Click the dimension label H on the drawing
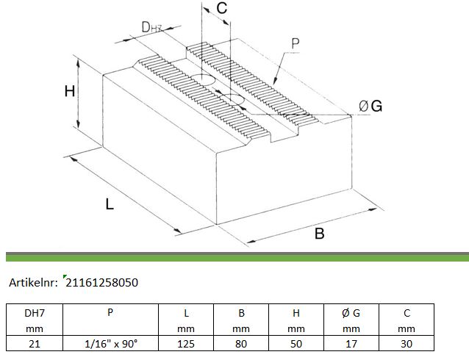pyautogui.click(x=70, y=91)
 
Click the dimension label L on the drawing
pyautogui.click(x=110, y=204)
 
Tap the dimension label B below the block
pyautogui.click(x=320, y=233)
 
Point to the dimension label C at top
pyautogui.click(x=222, y=8)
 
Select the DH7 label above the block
pyautogui.click(x=151, y=27)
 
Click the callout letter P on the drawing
pyautogui.click(x=296, y=43)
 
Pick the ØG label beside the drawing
pyautogui.click(x=370, y=106)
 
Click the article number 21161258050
pyautogui.click(x=101, y=283)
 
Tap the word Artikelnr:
pyautogui.click(x=33, y=283)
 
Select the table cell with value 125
pyautogui.click(x=186, y=344)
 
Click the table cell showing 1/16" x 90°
pyautogui.click(x=111, y=344)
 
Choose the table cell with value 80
pyautogui.click(x=241, y=344)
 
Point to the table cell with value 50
pyautogui.click(x=296, y=344)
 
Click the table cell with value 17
pyautogui.click(x=351, y=344)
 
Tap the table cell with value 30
pyautogui.click(x=407, y=344)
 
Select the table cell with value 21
pyautogui.click(x=35, y=344)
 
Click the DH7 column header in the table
pyautogui.click(x=35, y=320)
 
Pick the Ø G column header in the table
pyautogui.click(x=351, y=320)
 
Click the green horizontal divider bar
pyautogui.click(x=237, y=257)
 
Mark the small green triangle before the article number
pyautogui.click(x=65, y=276)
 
